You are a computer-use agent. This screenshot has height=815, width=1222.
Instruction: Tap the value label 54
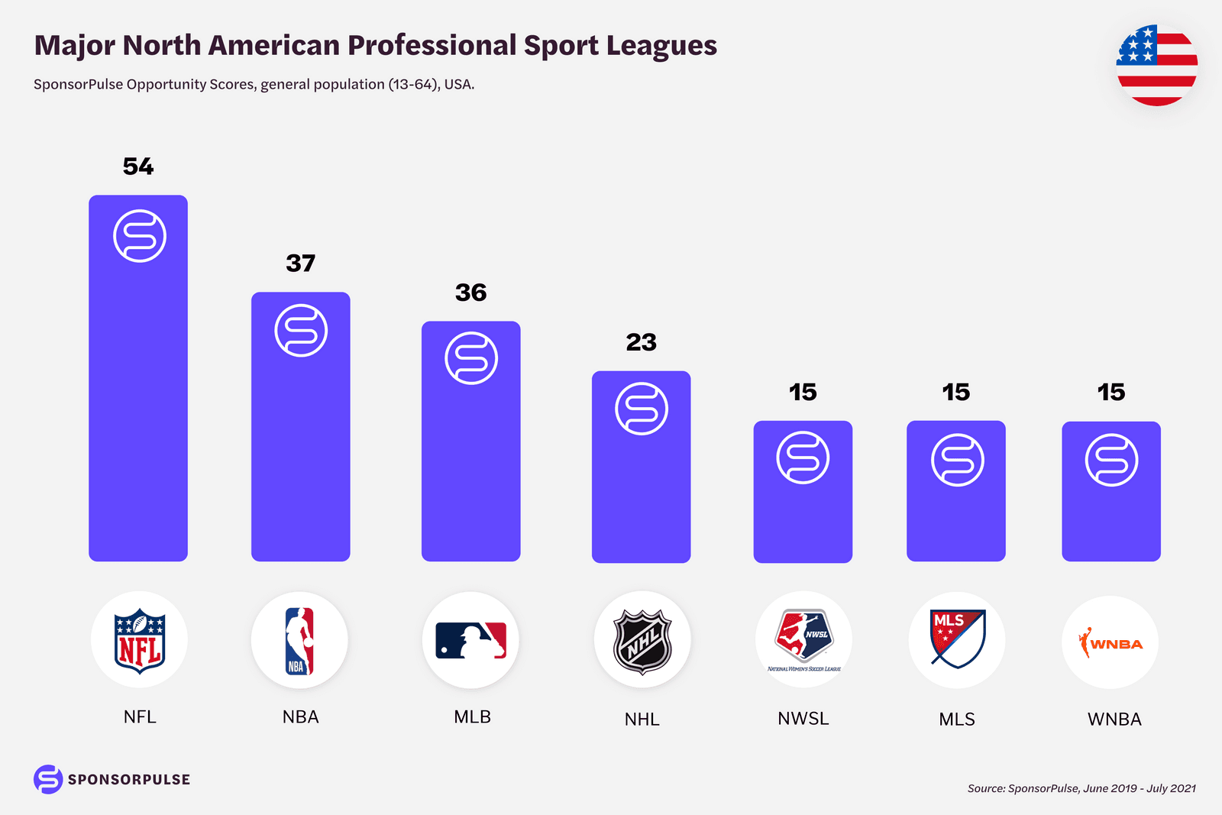pos(138,167)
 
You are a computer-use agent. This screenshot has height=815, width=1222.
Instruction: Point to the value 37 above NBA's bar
pos(300,264)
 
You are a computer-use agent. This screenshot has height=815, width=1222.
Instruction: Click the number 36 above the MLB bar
pos(470,293)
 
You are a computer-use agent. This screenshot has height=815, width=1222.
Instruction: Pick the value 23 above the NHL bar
pos(641,342)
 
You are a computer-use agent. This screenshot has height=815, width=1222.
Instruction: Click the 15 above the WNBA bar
pos(1111,393)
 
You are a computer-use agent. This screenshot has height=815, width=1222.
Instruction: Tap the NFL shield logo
pos(139,640)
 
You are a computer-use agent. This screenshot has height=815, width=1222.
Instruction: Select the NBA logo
pos(299,640)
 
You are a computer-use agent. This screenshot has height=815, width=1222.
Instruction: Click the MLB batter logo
pos(470,640)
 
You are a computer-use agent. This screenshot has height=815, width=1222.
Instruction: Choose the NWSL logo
pos(803,638)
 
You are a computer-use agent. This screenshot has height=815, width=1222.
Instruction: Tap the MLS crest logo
pos(957,639)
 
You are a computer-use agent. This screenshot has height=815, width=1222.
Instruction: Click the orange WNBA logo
pos(1110,643)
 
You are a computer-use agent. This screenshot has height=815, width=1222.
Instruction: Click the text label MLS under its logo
pos(957,720)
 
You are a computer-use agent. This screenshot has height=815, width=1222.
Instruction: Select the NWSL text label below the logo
pos(803,719)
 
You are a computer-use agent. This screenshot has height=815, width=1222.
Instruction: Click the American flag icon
pos(1156,66)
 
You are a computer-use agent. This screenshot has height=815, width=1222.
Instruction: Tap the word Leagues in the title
pos(661,46)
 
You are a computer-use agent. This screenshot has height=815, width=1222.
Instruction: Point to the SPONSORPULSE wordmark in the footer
pos(128,780)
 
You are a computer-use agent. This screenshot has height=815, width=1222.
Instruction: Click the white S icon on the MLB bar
pos(471,358)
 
